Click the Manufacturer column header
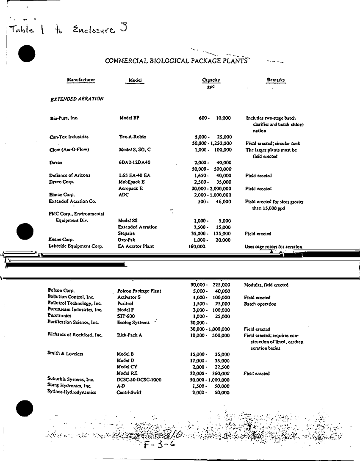[x=81, y=80]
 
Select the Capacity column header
[x=211, y=80]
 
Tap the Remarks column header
[x=276, y=80]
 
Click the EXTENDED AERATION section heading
[x=77, y=99]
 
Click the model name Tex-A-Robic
[x=133, y=137]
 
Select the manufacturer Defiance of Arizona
[x=70, y=175]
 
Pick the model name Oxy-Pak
[x=127, y=240]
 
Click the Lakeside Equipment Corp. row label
[x=76, y=246]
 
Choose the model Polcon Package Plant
[x=139, y=291]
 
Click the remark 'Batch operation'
[x=260, y=304]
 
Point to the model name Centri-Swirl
[x=129, y=392]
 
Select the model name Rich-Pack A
[x=130, y=335]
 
